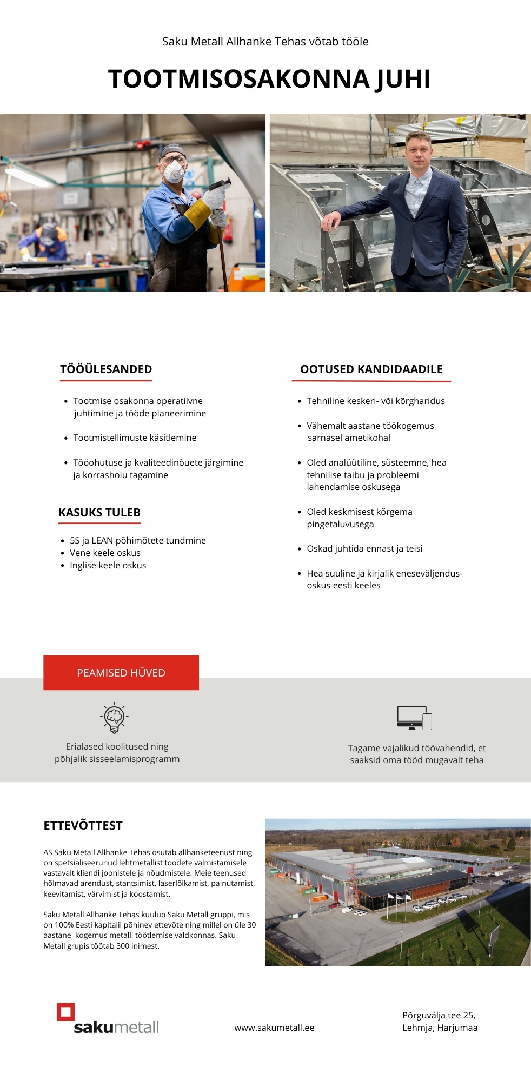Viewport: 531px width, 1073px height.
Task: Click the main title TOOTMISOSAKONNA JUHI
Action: [269, 79]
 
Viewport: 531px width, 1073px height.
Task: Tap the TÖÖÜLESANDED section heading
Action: [106, 369]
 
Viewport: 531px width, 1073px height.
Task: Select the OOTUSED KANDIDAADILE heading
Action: [371, 369]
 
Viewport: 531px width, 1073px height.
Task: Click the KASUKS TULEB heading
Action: [99, 513]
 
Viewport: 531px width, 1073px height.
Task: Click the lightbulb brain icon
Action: [114, 718]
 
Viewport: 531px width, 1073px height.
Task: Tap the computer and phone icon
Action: [414, 718]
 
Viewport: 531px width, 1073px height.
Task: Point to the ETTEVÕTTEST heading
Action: [83, 825]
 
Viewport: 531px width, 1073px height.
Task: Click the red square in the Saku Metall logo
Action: [66, 1012]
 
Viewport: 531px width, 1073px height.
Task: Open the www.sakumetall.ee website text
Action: [274, 1028]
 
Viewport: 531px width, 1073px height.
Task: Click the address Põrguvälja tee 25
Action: [439, 1015]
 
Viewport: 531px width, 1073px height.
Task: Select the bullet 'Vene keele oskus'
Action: [105, 553]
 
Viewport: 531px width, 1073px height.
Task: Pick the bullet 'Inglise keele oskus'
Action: [108, 565]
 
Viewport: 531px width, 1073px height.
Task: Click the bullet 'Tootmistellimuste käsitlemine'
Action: [135, 438]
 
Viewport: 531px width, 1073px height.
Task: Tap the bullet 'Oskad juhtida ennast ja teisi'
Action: [364, 548]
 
